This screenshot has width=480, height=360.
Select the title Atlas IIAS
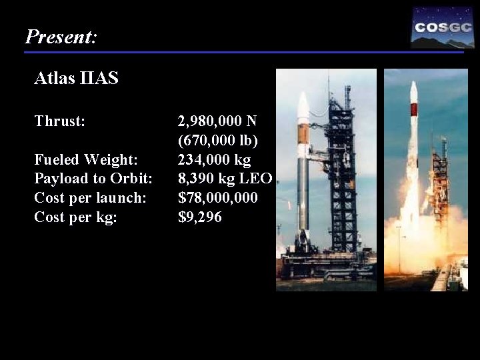[x=76, y=79]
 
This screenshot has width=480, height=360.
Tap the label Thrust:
[x=60, y=121]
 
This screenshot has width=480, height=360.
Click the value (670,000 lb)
[x=218, y=141]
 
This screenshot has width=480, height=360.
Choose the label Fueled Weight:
[x=86, y=160]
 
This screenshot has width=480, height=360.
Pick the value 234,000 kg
[x=214, y=160]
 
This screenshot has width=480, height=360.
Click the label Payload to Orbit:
[x=93, y=179]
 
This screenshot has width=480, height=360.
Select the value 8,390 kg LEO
[x=225, y=179]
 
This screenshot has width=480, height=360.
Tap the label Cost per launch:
[x=90, y=198]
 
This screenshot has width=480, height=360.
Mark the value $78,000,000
[x=218, y=198]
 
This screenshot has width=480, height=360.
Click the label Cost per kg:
[x=75, y=217]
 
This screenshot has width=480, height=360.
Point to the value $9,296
[x=200, y=217]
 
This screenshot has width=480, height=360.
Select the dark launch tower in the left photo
[x=344, y=173]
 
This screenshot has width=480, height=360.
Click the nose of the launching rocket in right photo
[x=414, y=90]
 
